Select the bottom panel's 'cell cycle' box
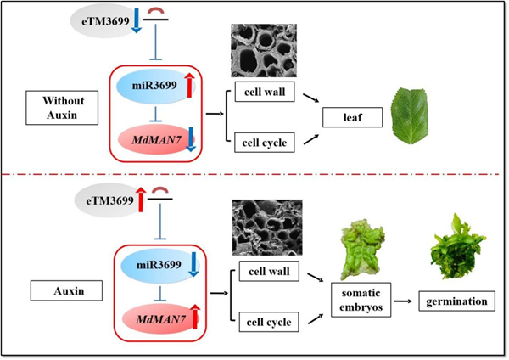pos(261,322)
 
